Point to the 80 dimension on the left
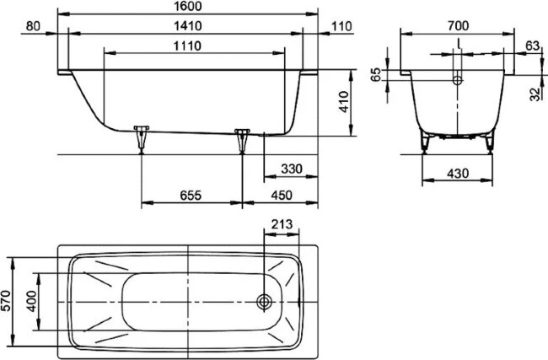(33, 26)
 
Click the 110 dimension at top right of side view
(341, 27)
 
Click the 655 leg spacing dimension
(190, 196)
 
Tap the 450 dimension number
(281, 196)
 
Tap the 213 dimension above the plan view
(282, 224)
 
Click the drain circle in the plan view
(265, 301)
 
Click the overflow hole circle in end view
(457, 82)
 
